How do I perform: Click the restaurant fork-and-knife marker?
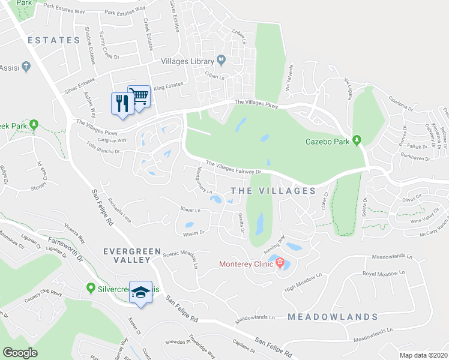tap(121, 103)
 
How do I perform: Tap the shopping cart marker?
tap(139, 95)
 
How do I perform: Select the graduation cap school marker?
tap(141, 292)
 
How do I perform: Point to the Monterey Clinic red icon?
tap(280, 262)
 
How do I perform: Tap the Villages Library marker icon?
tap(221, 59)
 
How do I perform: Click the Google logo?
tap(20, 352)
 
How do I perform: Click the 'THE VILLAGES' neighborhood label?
tap(273, 191)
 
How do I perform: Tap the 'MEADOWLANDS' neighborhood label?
tap(332, 316)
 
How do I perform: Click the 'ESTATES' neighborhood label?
tap(53, 40)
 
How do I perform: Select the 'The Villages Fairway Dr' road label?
tap(235, 167)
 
